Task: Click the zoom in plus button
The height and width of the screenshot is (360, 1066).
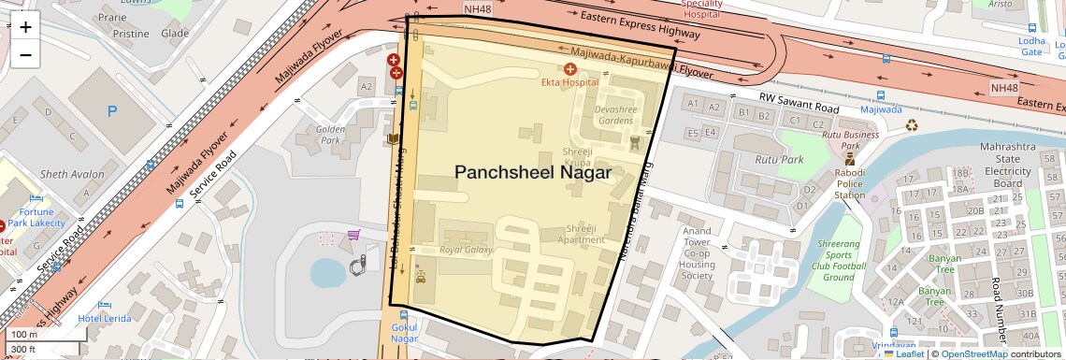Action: click(25, 26)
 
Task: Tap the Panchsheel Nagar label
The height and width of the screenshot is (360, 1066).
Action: click(533, 173)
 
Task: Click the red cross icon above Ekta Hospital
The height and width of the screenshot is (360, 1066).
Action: click(569, 69)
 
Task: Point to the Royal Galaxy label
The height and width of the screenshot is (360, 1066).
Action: click(467, 251)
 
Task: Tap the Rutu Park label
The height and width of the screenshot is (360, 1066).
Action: click(787, 160)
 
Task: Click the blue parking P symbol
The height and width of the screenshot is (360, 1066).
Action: click(113, 111)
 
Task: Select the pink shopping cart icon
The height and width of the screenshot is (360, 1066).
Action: click(353, 237)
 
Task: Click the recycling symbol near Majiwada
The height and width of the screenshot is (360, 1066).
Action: click(911, 124)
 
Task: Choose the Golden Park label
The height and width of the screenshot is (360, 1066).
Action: click(332, 135)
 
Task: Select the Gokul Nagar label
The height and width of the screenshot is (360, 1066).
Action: click(405, 333)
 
